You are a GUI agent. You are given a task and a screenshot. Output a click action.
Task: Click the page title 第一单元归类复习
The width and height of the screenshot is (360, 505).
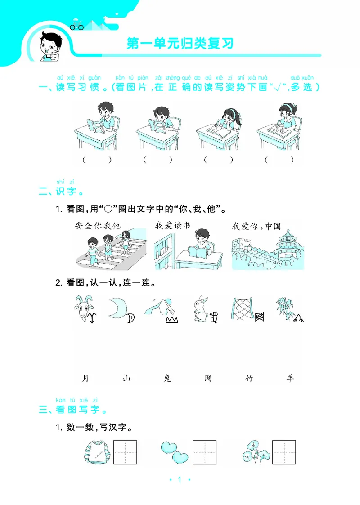pos(180,44)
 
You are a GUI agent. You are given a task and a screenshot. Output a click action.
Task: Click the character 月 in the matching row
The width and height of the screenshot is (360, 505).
pos(85,378)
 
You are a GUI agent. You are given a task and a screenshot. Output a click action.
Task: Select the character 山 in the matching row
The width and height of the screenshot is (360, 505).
pos(126,378)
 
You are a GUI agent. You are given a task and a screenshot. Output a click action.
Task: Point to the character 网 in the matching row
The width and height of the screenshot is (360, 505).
pos(208,378)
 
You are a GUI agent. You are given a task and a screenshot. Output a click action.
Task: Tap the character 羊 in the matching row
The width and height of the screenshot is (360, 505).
pos(290,378)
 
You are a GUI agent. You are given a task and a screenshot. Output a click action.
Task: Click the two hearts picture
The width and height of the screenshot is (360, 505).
pos(174,452)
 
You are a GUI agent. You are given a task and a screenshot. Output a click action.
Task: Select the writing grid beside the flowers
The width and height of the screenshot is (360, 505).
pos(284,452)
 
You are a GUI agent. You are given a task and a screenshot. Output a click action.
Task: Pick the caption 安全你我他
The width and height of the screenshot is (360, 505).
pos(98,226)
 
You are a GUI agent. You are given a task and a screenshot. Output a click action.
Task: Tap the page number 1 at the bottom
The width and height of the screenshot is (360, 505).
pos(180,480)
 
